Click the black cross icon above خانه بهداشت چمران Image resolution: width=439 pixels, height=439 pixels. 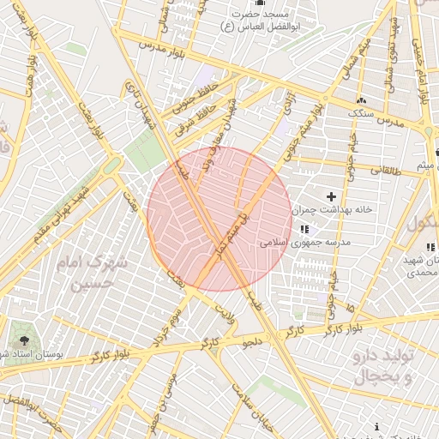pos(332,197)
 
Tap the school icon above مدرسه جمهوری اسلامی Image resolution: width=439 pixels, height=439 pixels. pos(304,229)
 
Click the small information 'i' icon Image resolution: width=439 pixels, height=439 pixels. pos(377,426)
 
